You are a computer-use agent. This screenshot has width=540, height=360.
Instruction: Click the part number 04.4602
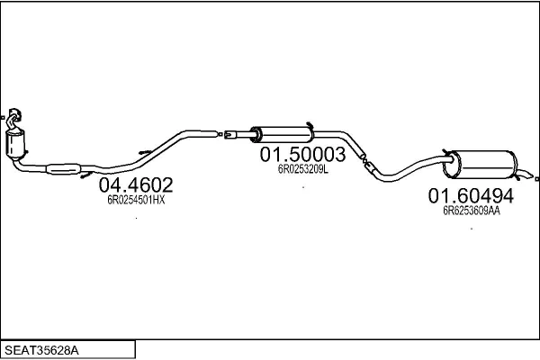coord(136,185)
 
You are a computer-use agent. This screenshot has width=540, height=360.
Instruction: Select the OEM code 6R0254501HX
coord(136,200)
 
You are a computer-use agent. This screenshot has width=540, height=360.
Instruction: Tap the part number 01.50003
coord(302,154)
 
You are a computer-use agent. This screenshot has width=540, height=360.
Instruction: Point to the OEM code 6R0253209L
coord(303,169)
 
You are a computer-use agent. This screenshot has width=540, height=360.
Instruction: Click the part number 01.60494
coord(471,195)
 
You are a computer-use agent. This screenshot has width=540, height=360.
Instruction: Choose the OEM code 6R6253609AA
coord(472,211)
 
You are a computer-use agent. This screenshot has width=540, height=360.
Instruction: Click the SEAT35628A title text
coord(41,350)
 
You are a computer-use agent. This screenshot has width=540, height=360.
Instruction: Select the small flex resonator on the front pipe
coord(63,169)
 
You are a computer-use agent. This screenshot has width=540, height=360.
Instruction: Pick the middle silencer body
coord(283,134)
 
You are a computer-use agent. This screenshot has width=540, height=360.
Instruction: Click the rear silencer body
coord(481,165)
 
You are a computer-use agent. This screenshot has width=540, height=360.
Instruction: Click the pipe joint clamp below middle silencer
coord(366,162)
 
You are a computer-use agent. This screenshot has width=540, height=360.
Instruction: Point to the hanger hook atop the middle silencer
coord(309,125)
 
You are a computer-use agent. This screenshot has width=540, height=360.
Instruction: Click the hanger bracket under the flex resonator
coord(86,175)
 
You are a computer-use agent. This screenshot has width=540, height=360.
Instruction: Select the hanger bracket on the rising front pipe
coord(145,152)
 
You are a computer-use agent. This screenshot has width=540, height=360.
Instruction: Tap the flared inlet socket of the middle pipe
coord(229,134)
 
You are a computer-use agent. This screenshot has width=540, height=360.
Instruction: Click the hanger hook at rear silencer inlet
coord(446,153)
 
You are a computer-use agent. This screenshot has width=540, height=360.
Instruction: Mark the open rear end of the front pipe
coord(220,134)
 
